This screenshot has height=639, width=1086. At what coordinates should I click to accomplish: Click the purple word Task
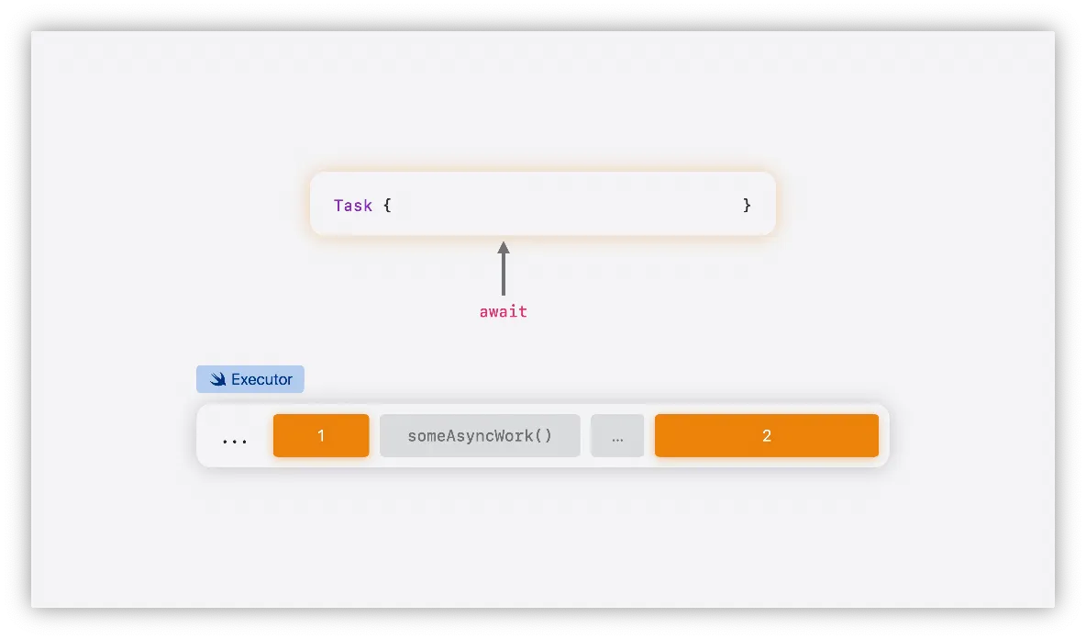353,206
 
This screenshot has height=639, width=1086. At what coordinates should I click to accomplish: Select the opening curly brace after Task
387,206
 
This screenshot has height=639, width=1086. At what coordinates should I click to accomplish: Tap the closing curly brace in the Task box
747,206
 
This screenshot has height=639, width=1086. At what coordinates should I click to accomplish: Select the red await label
503,312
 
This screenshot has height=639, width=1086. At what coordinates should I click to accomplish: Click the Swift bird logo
217,379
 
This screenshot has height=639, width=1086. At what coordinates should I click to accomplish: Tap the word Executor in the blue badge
261,379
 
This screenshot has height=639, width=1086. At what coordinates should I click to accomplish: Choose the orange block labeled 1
321,435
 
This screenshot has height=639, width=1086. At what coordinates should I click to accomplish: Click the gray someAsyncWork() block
480,435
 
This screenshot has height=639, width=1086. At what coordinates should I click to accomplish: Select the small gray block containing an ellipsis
617,435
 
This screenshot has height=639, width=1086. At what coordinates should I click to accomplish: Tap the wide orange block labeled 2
767,435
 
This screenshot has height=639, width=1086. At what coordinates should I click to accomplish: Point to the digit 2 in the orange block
767,436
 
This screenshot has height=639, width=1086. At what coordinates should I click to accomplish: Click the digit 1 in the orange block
321,436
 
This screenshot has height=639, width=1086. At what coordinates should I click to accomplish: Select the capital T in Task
338,206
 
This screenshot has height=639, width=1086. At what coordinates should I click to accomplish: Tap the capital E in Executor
236,379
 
